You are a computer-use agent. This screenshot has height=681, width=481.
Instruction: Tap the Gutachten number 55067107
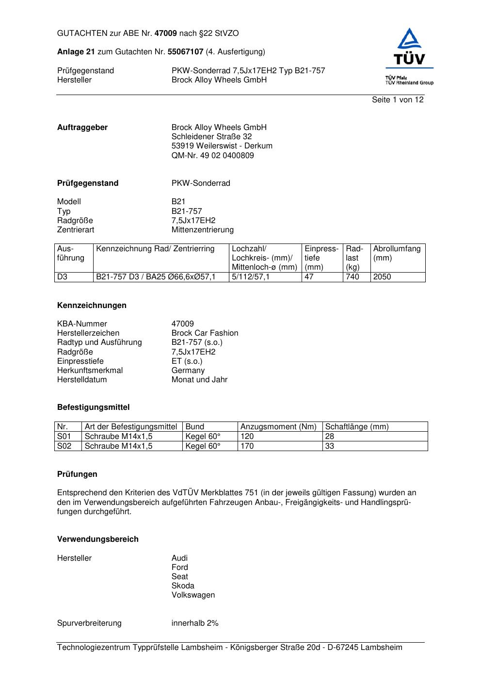[185, 51]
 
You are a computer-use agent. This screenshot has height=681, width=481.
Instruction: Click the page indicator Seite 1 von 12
[398, 99]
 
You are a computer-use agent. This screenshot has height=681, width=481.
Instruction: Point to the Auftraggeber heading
[82, 128]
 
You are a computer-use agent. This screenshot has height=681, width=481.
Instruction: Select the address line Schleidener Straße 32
[211, 137]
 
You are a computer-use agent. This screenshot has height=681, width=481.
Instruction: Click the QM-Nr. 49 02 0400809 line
[212, 156]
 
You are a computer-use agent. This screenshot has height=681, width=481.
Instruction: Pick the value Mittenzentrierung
[202, 230]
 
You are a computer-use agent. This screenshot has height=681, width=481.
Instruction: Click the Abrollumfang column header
[397, 249]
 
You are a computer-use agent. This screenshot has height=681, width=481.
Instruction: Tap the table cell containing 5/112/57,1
[251, 277]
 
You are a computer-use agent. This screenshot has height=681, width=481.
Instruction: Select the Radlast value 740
[353, 277]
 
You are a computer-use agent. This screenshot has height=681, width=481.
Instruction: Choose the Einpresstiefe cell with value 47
[309, 277]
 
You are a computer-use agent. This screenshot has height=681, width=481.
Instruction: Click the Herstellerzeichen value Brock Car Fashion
[205, 333]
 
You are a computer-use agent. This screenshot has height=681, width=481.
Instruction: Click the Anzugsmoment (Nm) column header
[278, 427]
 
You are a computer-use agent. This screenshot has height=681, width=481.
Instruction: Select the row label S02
[64, 446]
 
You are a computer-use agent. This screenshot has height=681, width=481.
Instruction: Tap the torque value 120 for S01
[247, 436]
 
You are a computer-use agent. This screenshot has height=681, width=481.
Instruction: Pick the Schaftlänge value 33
[330, 446]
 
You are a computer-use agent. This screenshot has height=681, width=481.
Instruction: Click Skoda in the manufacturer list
[183, 586]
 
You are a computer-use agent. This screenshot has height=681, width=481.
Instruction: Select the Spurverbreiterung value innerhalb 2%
[195, 623]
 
